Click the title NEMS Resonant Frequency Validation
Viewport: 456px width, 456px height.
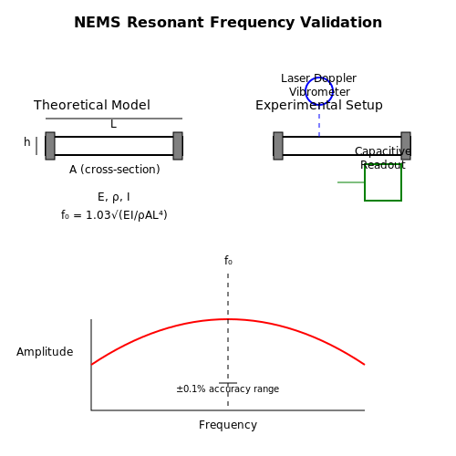[x=228, y=23]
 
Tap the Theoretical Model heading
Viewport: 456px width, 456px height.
[x=92, y=105]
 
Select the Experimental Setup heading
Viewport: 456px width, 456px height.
[x=319, y=105]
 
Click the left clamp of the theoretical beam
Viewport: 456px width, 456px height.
[x=50, y=146]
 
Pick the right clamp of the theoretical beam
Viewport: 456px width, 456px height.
[x=178, y=146]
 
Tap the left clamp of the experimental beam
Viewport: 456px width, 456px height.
[x=278, y=146]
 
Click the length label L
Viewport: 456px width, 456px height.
[x=113, y=124]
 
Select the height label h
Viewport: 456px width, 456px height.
[x=27, y=142]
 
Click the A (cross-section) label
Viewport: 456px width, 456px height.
[x=115, y=170]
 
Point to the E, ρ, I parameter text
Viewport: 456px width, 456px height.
[x=114, y=197]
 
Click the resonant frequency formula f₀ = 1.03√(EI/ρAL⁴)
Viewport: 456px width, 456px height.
[x=114, y=215]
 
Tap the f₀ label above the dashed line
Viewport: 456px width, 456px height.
[x=228, y=261]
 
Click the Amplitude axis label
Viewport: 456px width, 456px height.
[x=45, y=352]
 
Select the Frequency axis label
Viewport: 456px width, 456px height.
[x=228, y=425]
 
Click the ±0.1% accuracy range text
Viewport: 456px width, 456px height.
[x=228, y=389]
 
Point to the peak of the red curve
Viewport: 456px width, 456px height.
[x=228, y=319]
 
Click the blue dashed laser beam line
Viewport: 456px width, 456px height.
[x=319, y=125]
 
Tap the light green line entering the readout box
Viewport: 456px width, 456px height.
[x=351, y=182]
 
